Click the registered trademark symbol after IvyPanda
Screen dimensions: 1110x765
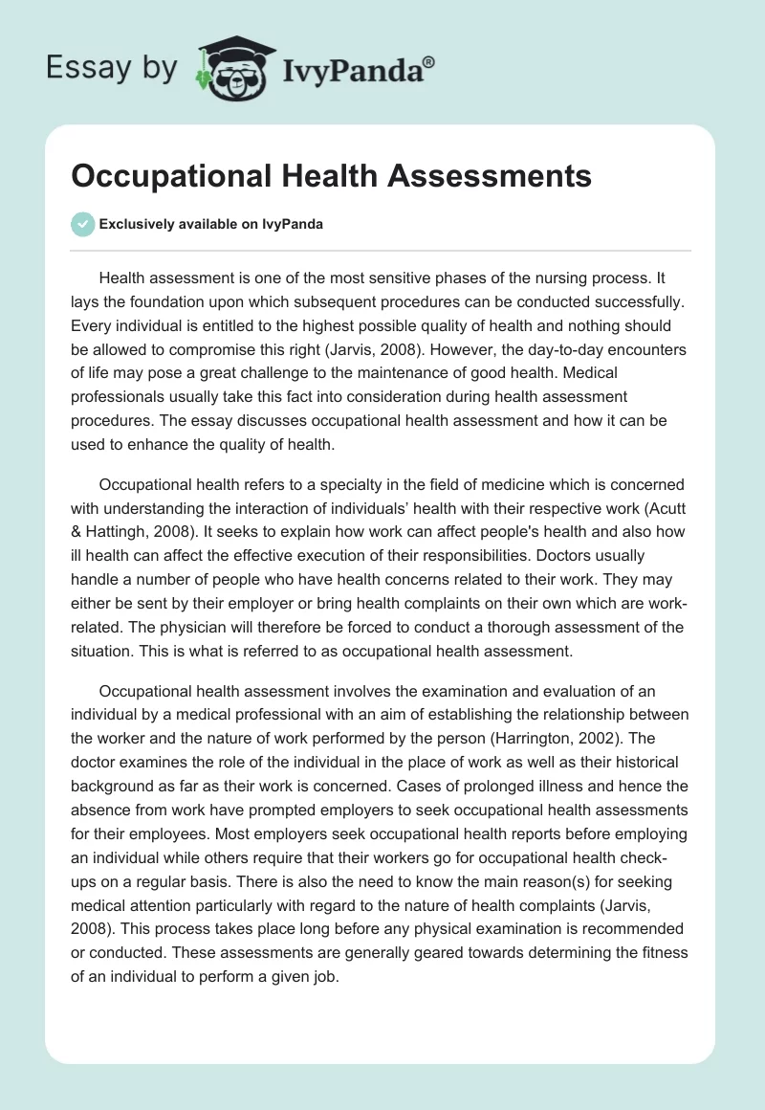pos(429,61)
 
